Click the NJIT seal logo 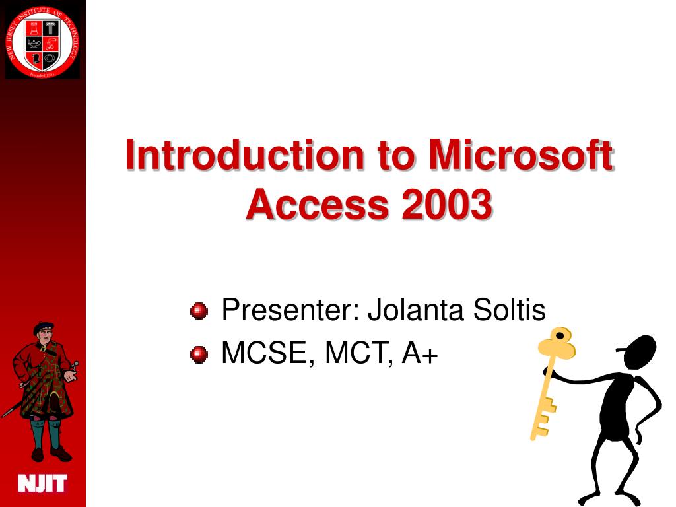(42, 40)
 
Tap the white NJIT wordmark (42, 484)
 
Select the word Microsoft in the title (521, 155)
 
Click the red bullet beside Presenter (199, 310)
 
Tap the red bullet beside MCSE (199, 355)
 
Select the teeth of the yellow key (543, 419)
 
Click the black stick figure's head (639, 352)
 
